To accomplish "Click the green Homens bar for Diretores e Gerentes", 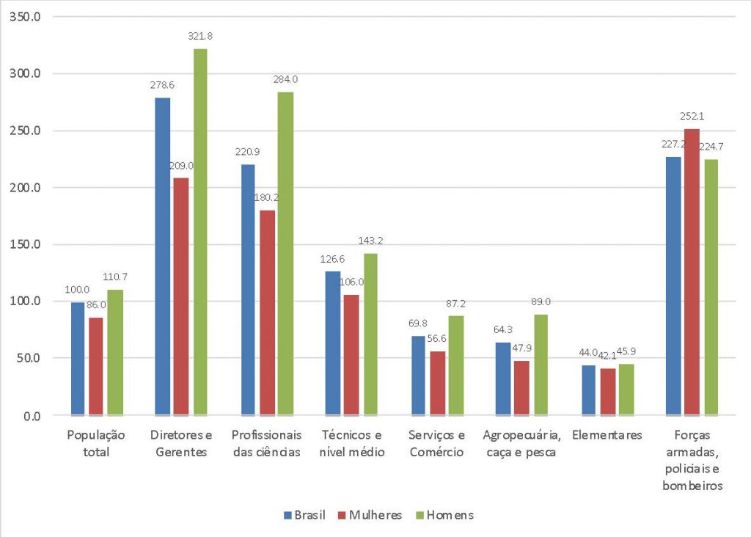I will click(199, 232).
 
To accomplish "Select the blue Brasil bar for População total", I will click(78, 359).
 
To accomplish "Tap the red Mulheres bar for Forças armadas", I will click(692, 272).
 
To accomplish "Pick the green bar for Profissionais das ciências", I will click(285, 254).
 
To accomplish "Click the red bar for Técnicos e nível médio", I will click(351, 355).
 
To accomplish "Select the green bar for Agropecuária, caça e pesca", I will click(540, 365).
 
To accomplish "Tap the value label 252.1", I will click(692, 116).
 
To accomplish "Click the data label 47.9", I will click(522, 348).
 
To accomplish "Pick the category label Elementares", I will click(607, 435).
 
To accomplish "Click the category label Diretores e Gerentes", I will click(180, 443).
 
